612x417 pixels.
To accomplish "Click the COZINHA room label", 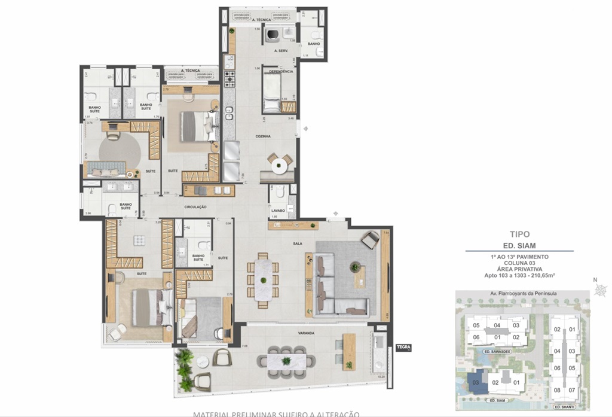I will (263, 136).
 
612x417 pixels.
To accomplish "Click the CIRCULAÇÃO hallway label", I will (195, 206).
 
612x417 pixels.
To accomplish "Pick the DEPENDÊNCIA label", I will (280, 71).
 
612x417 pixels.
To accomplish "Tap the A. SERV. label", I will (281, 51).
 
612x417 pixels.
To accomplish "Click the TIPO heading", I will (519, 236).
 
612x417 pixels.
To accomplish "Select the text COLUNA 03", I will (519, 263).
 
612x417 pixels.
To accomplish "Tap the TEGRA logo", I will (403, 346).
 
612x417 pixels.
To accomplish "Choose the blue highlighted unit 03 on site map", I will (477, 382).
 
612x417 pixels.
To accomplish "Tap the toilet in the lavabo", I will (290, 211).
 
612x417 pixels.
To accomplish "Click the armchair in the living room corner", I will (370, 240).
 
